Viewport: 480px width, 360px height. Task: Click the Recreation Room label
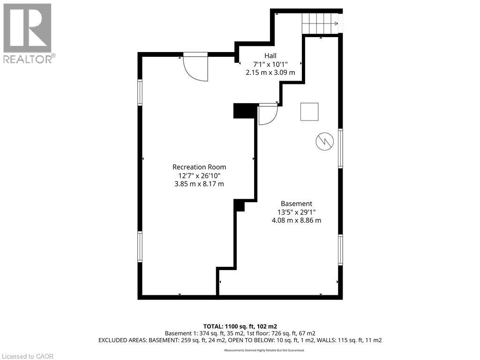click(x=199, y=167)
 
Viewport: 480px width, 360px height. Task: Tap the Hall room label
click(x=270, y=56)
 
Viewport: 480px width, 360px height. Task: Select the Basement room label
click(x=296, y=203)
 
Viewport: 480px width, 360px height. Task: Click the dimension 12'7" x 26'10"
click(x=199, y=175)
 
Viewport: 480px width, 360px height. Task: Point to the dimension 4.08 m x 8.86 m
click(x=296, y=220)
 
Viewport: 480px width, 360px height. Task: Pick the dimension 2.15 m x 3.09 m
click(x=270, y=73)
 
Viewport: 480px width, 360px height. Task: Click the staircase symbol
click(x=321, y=23)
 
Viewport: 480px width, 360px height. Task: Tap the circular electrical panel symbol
click(x=324, y=141)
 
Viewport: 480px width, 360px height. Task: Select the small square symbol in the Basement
click(x=309, y=112)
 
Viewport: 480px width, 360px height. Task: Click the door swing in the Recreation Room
click(x=195, y=67)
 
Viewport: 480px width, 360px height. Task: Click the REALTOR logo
click(x=28, y=33)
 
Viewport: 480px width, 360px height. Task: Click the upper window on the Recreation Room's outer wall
click(x=140, y=92)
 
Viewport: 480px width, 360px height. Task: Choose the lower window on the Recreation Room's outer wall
click(x=140, y=247)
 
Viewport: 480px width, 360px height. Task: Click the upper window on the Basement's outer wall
click(x=341, y=148)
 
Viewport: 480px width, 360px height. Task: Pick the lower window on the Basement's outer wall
click(x=341, y=249)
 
